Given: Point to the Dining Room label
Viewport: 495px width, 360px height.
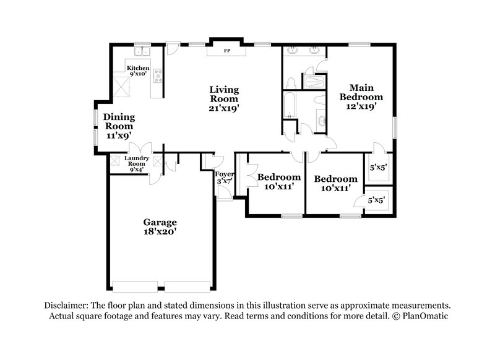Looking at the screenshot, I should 119,121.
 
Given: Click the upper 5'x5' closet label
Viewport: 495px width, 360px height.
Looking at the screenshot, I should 378,167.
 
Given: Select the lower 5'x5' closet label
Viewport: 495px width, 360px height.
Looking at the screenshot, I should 377,200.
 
